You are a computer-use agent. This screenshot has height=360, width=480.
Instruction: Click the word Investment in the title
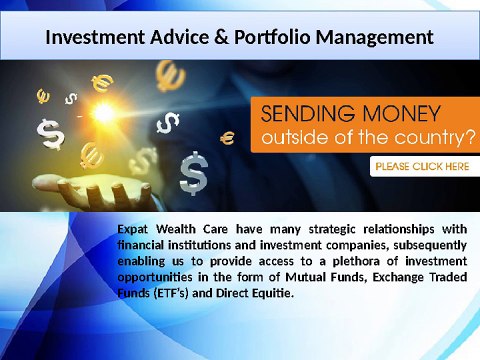[94, 38]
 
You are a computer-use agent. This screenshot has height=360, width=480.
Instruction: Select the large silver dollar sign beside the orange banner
[193, 174]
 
